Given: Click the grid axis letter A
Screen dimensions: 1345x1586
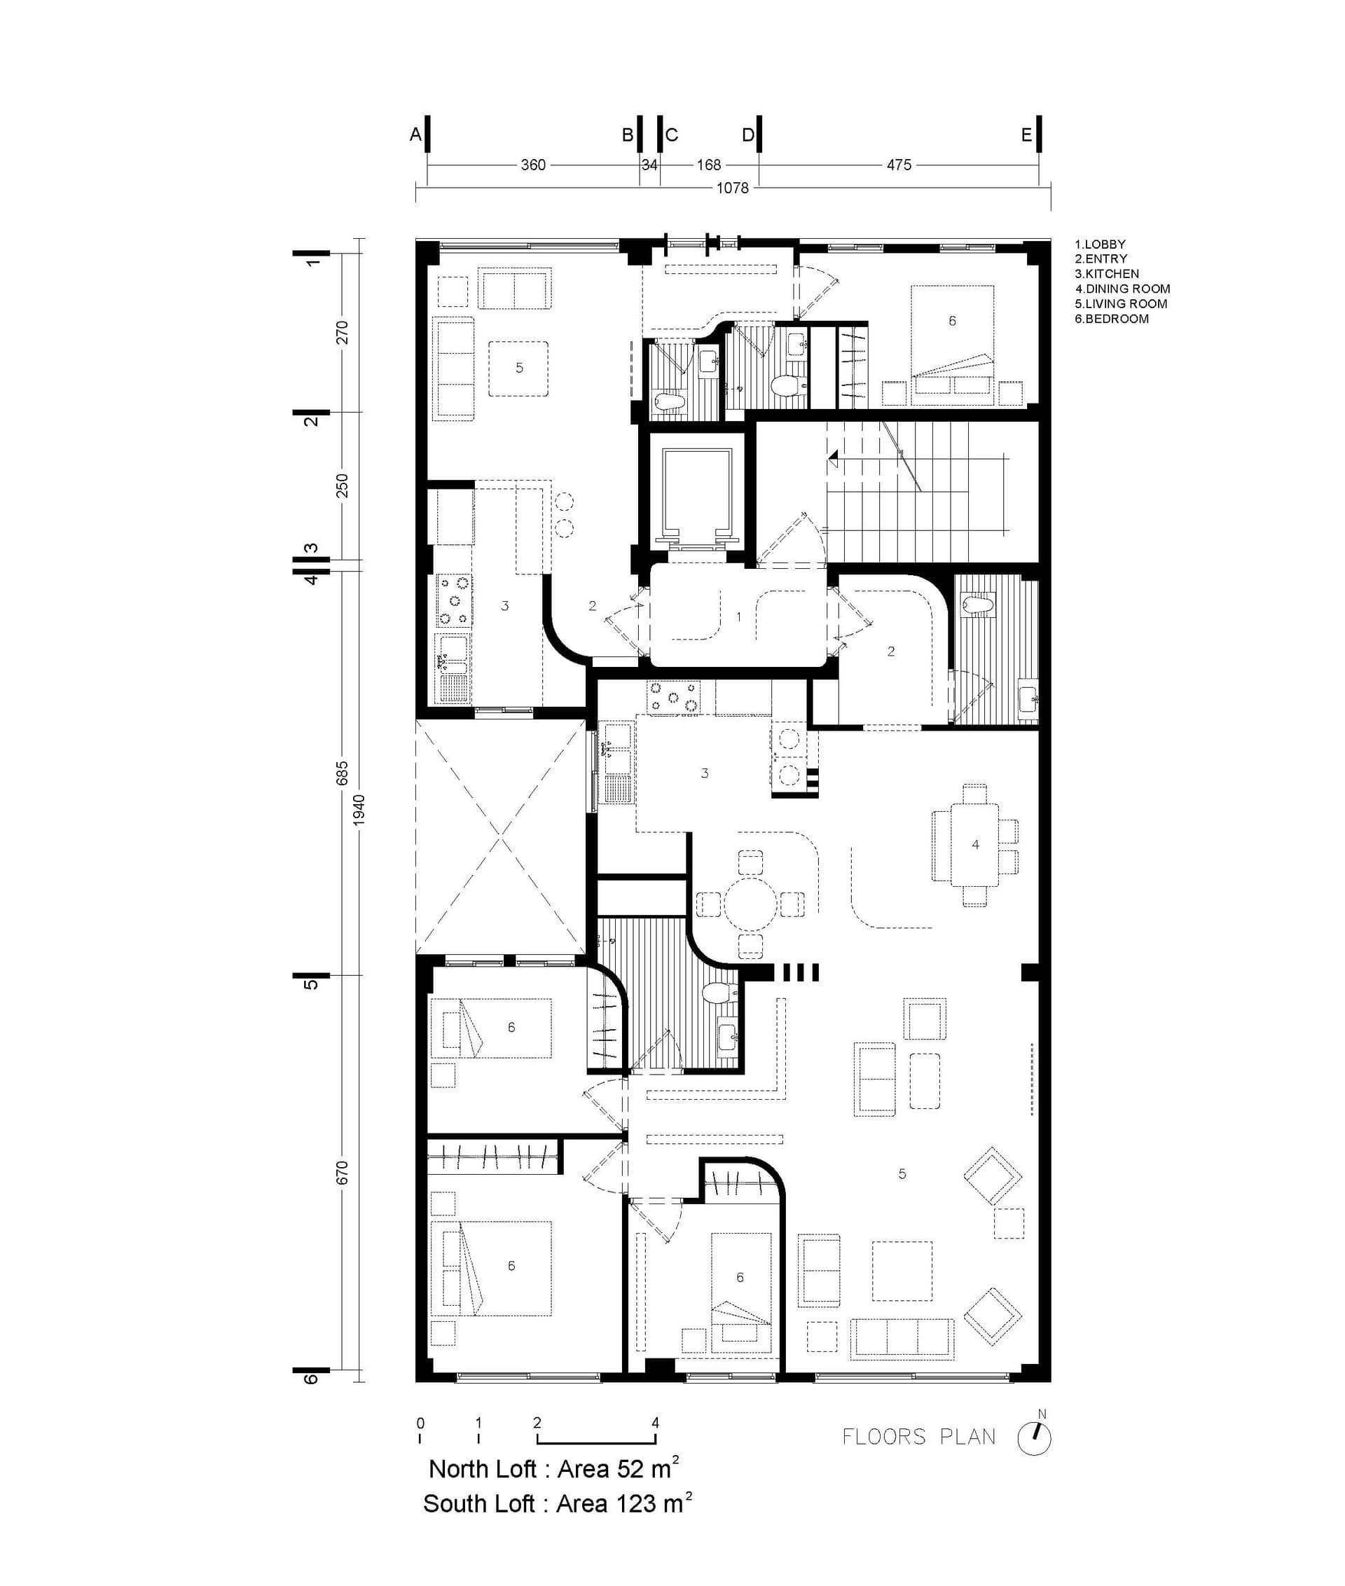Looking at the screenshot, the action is [x=415, y=135].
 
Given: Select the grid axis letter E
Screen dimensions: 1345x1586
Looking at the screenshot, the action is [x=1026, y=135].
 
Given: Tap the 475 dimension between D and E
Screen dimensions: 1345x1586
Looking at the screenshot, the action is [x=899, y=165].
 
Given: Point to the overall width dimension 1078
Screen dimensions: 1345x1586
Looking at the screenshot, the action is [x=733, y=188].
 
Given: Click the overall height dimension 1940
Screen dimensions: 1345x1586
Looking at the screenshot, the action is [x=359, y=809].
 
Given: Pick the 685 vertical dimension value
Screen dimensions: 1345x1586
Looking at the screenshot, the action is [x=343, y=773].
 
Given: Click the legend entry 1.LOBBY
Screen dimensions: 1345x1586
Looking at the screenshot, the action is [x=1101, y=244].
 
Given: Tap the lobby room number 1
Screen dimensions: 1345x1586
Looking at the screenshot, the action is [x=738, y=616].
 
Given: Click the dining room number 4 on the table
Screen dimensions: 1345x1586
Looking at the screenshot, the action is [x=975, y=844].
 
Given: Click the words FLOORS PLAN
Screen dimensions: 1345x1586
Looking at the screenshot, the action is [x=919, y=1437].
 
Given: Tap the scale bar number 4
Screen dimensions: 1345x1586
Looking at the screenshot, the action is [x=655, y=1423].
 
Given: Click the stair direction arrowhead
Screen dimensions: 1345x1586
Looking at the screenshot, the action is [x=833, y=457].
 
